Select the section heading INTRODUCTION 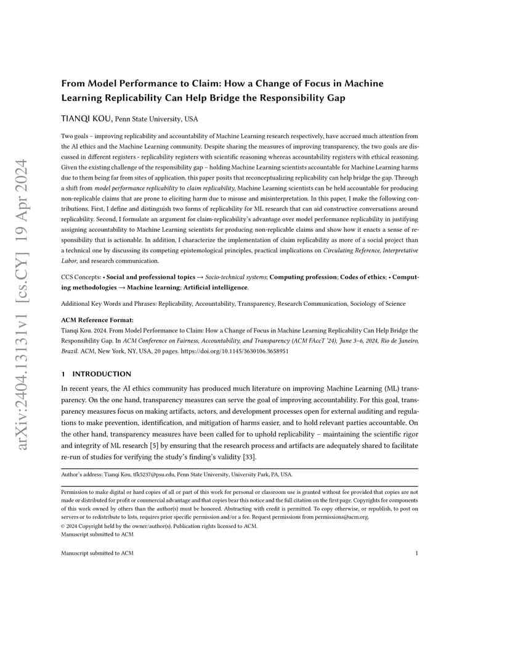point(102,374)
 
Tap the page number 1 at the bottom point(417,553)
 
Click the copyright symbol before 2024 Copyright point(63,526)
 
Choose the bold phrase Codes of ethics point(364,277)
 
